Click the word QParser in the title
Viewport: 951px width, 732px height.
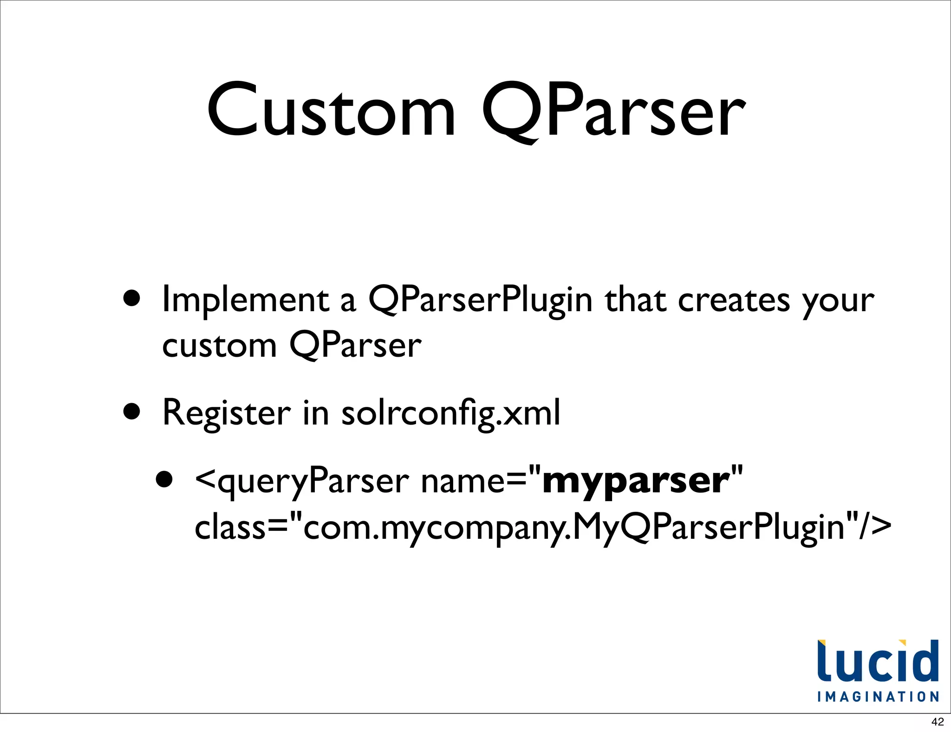pyautogui.click(x=613, y=111)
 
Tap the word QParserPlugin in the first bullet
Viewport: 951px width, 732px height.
pyautogui.click(x=480, y=301)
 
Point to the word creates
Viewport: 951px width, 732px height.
pyautogui.click(x=734, y=301)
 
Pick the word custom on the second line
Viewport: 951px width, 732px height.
pyautogui.click(x=219, y=346)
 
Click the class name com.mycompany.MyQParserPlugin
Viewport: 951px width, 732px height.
pyautogui.click(x=573, y=528)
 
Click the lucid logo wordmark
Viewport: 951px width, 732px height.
pyautogui.click(x=878, y=662)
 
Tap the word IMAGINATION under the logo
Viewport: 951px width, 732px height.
pyautogui.click(x=878, y=697)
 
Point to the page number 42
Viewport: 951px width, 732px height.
pyautogui.click(x=938, y=722)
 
